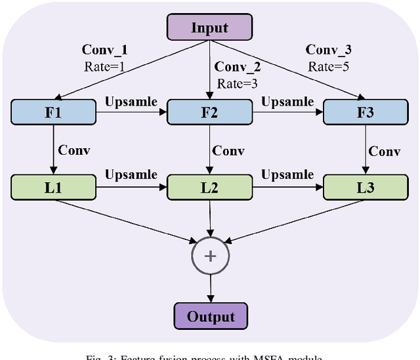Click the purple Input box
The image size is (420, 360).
pyautogui.click(x=210, y=28)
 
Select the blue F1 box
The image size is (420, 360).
pyautogui.click(x=52, y=113)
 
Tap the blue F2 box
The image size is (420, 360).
pyautogui.click(x=210, y=113)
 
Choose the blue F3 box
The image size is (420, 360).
pyautogui.click(x=365, y=113)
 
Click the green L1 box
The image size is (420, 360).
pyautogui.click(x=52, y=188)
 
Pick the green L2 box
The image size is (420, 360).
pyautogui.click(x=210, y=188)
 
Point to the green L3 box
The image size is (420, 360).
pyautogui.click(x=365, y=188)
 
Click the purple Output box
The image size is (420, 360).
pyautogui.click(x=211, y=317)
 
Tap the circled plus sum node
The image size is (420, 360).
pyautogui.click(x=211, y=255)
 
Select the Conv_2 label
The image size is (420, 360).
pyautogui.click(x=238, y=67)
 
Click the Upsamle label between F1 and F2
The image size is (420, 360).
pyautogui.click(x=131, y=101)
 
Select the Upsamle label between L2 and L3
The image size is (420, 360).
pyautogui.click(x=287, y=175)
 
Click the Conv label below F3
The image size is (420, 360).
pyautogui.click(x=384, y=151)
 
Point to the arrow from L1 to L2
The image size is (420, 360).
pyautogui.click(x=131, y=188)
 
